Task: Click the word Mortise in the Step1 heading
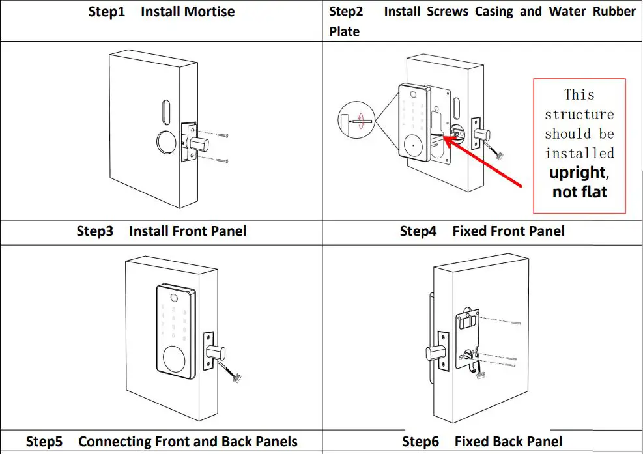pyautogui.click(x=206, y=12)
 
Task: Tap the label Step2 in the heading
pyautogui.click(x=347, y=11)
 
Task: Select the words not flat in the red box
pyautogui.click(x=579, y=192)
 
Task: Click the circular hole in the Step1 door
pyautogui.click(x=164, y=143)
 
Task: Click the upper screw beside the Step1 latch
pyautogui.click(x=223, y=135)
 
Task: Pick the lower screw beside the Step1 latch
pyautogui.click(x=223, y=159)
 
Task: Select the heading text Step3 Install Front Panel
pyautogui.click(x=161, y=231)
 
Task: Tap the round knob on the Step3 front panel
pyautogui.click(x=175, y=360)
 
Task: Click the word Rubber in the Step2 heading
pyautogui.click(x=614, y=11)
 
